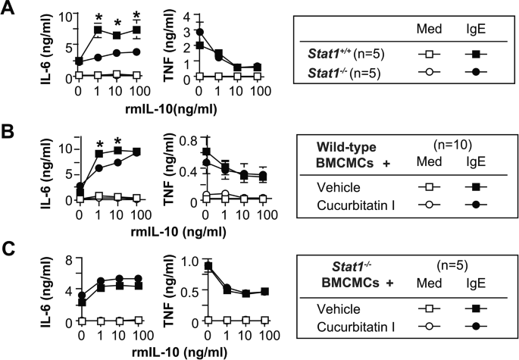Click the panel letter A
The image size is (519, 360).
tap(11, 11)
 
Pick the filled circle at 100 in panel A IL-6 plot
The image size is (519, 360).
tap(136, 52)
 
